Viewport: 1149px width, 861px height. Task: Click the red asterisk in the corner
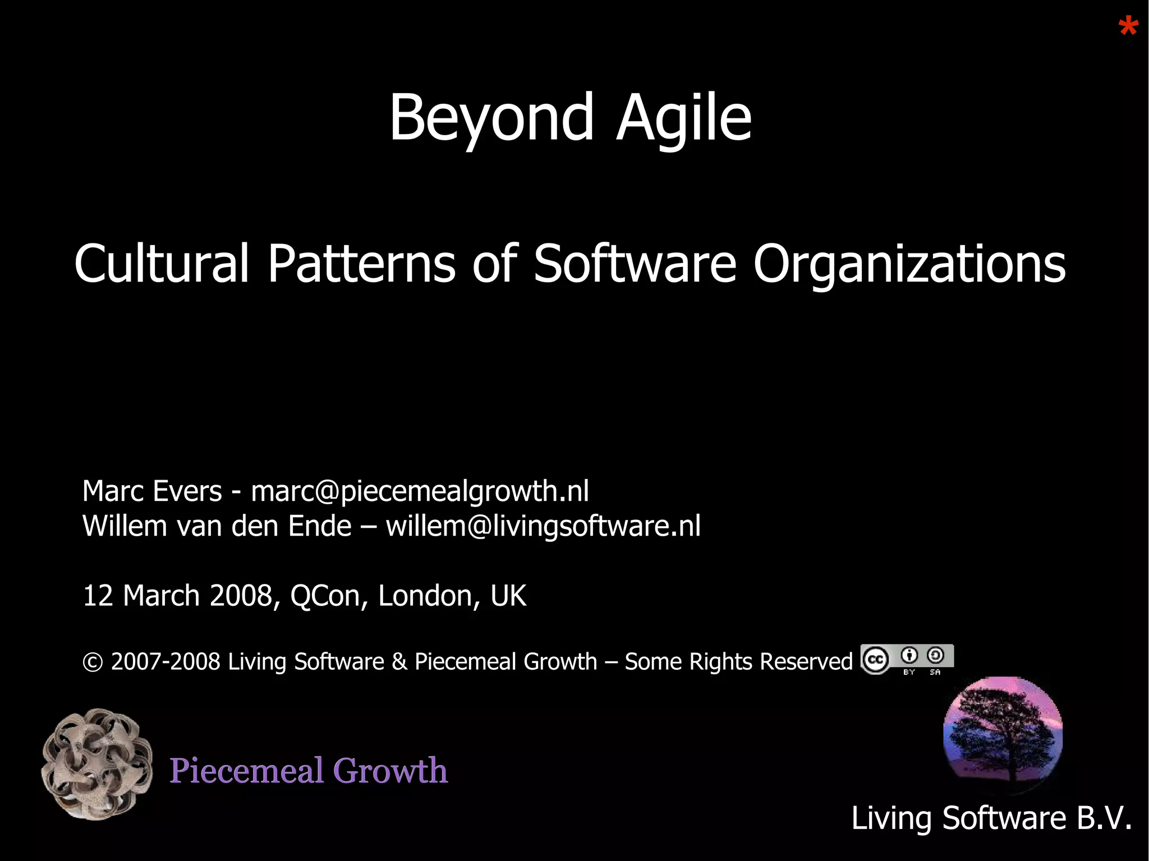(1128, 27)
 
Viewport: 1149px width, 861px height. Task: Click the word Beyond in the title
(491, 118)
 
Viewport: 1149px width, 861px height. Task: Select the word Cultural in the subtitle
(162, 264)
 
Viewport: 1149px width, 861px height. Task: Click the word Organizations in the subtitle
(909, 264)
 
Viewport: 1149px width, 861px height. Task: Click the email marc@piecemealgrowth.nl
(420, 491)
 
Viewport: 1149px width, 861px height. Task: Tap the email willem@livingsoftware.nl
(543, 526)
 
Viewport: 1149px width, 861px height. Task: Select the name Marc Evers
(152, 491)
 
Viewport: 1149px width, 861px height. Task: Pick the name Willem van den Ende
(217, 526)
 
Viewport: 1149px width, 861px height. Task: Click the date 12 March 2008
(177, 596)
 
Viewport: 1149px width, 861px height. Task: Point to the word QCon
(324, 596)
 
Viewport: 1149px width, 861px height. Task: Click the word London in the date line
(425, 596)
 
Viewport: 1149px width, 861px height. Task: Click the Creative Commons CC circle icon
(875, 660)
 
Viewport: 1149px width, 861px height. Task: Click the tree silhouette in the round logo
(1003, 735)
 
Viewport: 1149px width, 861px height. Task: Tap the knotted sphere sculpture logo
(97, 764)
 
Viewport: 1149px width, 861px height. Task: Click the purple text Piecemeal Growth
(309, 771)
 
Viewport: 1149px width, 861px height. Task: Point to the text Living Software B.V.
(991, 818)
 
